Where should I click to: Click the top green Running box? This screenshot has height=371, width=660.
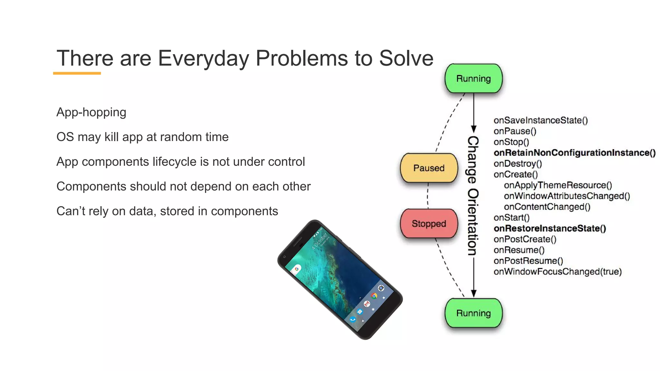[x=473, y=79]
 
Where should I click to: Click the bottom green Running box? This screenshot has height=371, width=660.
[x=473, y=313]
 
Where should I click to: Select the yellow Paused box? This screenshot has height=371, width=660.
[x=429, y=168]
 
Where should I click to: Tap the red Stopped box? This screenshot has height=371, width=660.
[x=429, y=224]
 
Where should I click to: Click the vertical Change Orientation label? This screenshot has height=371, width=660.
[x=473, y=195]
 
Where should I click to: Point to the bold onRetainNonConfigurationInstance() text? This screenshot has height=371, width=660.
[x=574, y=153]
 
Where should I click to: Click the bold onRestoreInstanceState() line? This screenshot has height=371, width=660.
[x=550, y=228]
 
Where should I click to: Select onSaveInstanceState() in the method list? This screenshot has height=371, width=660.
[x=540, y=120]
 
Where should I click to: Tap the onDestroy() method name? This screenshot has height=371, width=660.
[x=518, y=164]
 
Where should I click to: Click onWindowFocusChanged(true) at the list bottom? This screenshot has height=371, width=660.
[x=557, y=271]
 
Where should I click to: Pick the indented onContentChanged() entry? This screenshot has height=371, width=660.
[x=547, y=207]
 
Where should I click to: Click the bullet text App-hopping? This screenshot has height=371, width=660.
[x=91, y=112]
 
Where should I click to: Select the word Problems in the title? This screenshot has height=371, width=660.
[x=302, y=58]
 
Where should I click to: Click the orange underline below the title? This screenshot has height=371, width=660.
[x=77, y=73]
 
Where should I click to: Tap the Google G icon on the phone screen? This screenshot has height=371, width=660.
[x=296, y=269]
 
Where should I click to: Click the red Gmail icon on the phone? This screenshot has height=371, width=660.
[x=367, y=304]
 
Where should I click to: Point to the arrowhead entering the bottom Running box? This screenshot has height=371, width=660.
[x=474, y=293]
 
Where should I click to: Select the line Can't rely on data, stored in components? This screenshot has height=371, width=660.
[x=167, y=211]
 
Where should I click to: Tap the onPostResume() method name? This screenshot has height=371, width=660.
[x=528, y=261]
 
